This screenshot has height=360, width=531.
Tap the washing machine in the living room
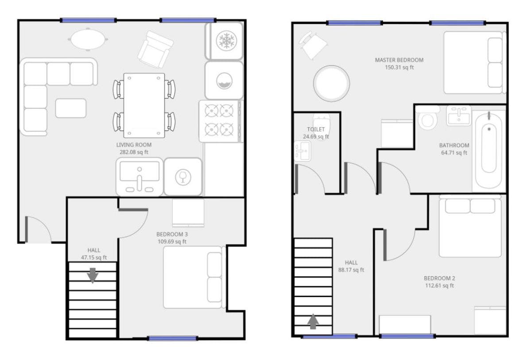click(x=224, y=81)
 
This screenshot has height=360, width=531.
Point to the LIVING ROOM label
click(x=134, y=145)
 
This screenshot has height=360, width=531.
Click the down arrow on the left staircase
click(x=92, y=275)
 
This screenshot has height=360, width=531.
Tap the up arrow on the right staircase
click(x=313, y=321)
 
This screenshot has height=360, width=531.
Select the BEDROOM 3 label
click(x=172, y=234)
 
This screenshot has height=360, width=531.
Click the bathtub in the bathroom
click(x=488, y=148)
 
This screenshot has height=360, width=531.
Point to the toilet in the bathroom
click(x=427, y=118)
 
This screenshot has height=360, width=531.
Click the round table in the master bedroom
click(x=331, y=83)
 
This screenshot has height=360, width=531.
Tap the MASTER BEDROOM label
click(x=399, y=60)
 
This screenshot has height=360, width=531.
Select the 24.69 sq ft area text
click(x=316, y=137)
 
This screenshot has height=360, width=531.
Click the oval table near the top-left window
click(x=88, y=39)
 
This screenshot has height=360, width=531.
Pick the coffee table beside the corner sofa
click(x=71, y=108)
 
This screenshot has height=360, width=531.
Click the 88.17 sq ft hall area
click(x=351, y=270)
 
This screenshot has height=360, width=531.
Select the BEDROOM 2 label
click(x=439, y=278)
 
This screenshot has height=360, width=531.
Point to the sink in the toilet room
click(x=303, y=151)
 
